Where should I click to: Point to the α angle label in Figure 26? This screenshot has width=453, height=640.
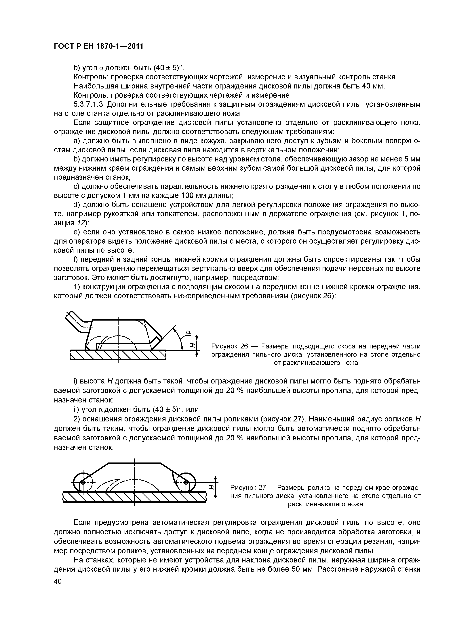coord(188,332)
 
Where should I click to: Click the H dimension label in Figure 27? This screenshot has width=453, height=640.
coord(211,487)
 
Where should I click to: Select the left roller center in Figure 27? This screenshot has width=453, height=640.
coord(83,482)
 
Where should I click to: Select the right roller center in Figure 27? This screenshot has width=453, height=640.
coord(186,482)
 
